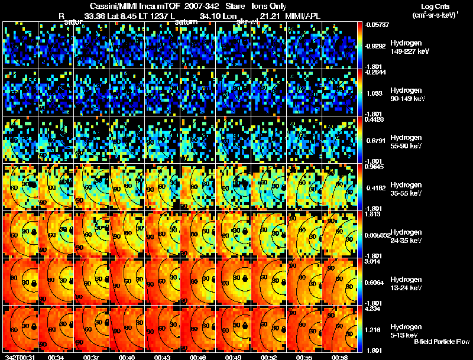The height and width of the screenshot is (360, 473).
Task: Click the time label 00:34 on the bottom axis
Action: tap(56, 357)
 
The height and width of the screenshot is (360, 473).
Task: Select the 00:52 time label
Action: tap(268, 357)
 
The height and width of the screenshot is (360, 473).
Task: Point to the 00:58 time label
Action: tap(339, 357)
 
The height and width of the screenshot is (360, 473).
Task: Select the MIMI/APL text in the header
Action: tap(304, 16)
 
